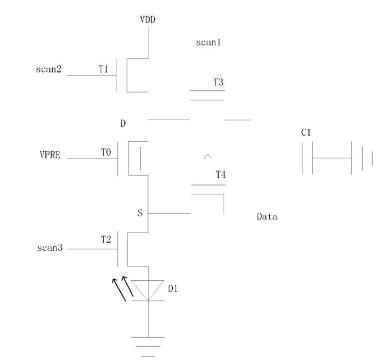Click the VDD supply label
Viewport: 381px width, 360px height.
[x=147, y=19]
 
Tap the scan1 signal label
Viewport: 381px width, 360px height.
[x=208, y=42]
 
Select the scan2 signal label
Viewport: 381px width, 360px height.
[x=49, y=69]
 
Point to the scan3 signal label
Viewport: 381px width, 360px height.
[x=50, y=248]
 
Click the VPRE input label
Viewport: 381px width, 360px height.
[x=50, y=155]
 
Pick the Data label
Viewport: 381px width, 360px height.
[x=267, y=217]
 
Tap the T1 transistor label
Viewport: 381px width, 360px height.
[x=103, y=69]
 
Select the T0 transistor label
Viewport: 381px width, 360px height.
[x=106, y=152]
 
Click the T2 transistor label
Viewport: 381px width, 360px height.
[x=106, y=239]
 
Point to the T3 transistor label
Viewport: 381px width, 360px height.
[x=218, y=82]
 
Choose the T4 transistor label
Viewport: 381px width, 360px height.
[x=220, y=174]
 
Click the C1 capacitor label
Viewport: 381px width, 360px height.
[x=306, y=132]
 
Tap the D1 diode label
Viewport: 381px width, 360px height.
[x=173, y=289]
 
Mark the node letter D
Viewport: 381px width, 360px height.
[x=123, y=124]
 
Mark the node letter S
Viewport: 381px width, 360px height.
[x=140, y=213]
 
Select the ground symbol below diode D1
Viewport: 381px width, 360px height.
[x=148, y=347]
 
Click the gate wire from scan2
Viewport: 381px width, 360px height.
[x=91, y=75]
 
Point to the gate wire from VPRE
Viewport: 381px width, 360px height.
[x=92, y=158]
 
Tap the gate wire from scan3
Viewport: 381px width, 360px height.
[x=92, y=249]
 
